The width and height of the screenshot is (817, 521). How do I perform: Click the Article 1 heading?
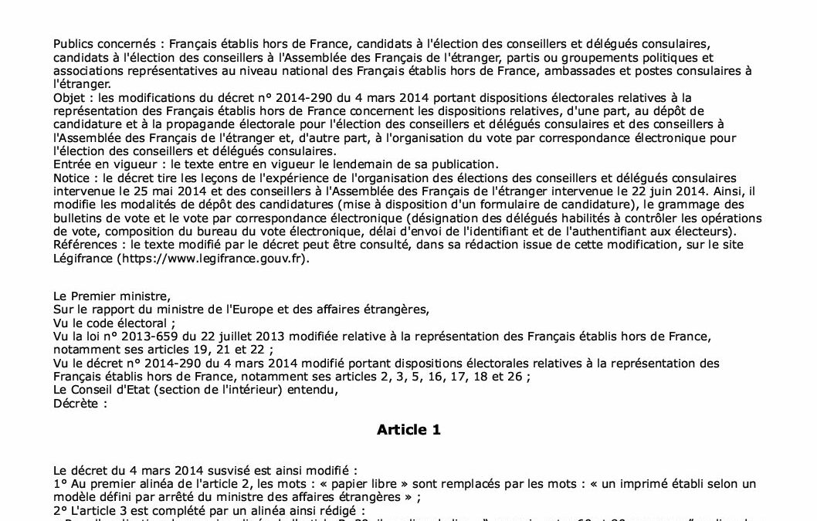pos(408,430)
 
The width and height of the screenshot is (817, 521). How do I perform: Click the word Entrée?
pos(72,164)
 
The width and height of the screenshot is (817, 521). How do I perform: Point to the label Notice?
pos(71,177)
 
